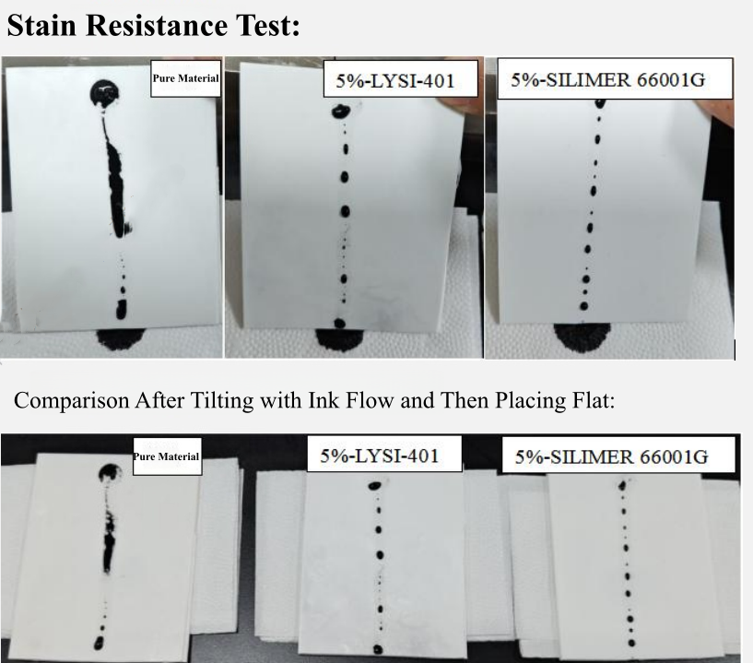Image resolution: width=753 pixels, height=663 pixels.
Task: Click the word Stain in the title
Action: tap(41, 25)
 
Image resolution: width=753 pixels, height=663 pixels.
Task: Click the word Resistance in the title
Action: tap(157, 25)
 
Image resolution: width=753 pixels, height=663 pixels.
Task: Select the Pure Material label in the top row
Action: tap(186, 78)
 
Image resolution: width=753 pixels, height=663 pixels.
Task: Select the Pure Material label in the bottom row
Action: tap(167, 456)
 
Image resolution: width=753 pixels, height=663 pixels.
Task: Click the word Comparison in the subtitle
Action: tap(72, 400)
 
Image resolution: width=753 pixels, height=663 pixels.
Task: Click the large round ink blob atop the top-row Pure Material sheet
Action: tap(105, 94)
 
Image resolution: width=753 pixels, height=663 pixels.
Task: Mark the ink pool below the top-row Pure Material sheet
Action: tap(121, 338)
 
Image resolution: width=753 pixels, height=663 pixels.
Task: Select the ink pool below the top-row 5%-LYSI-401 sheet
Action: tap(338, 338)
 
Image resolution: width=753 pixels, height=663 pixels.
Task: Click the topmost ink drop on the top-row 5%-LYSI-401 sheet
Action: tap(341, 112)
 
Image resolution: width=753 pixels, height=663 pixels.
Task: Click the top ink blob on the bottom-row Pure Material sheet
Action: tap(110, 474)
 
